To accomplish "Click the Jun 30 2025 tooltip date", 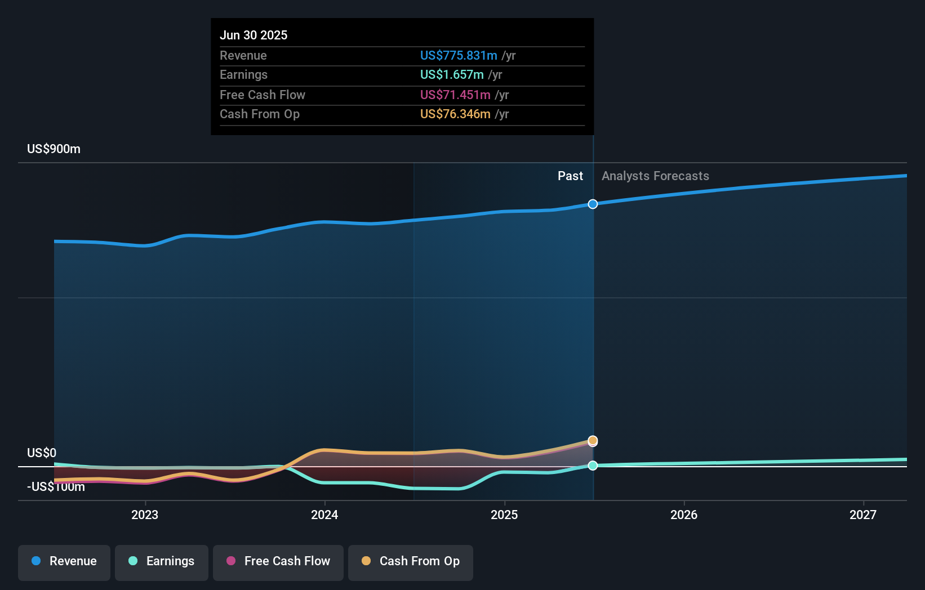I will coord(254,35).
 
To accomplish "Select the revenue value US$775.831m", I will coord(459,55).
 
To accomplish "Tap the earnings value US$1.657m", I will coord(452,74).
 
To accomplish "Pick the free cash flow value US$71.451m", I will coord(455,95).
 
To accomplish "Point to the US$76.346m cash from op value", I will coord(455,114).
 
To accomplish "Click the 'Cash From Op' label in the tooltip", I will coord(260,114).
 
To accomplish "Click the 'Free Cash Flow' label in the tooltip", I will coord(263,95).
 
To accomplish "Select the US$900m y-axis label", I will coord(54,149).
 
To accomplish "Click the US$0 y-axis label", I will coord(42,453).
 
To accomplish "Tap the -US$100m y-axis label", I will coord(56,486).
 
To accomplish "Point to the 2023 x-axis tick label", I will coord(145,515).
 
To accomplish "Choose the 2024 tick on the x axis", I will coord(324,515).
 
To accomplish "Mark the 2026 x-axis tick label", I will coord(684,515).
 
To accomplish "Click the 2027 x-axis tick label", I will coord(863,515).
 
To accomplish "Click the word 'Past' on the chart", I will coord(570,176).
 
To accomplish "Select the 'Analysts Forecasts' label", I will coord(655,176).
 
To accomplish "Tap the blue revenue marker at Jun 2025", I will coord(593,204).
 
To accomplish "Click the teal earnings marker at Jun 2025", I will coord(593,466).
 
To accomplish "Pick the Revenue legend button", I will coord(64,561).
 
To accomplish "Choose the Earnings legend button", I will coord(162,561).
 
